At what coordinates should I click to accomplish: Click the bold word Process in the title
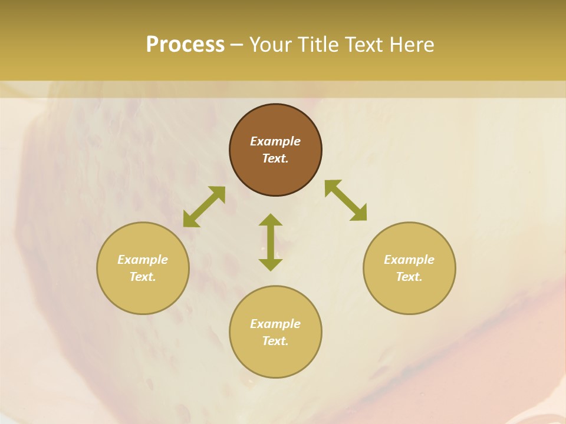pos(185,45)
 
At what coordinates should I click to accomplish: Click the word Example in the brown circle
pos(275,141)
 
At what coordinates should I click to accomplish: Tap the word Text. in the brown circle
pos(275,158)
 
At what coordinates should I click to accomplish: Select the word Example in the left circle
pos(143,260)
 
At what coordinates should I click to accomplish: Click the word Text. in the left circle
pos(143,277)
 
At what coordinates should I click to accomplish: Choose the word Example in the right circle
pos(409,260)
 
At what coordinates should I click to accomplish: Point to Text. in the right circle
pos(409,277)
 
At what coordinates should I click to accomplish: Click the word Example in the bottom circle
pos(275,324)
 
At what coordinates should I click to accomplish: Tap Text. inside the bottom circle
pos(275,341)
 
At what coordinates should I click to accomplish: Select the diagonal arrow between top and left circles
pos(204,207)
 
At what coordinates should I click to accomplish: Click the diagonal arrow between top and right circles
pos(345,200)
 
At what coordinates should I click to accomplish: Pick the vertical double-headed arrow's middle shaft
pos(271,242)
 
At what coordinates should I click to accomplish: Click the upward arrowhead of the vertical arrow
pos(271,220)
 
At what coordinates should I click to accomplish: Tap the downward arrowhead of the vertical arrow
pos(271,264)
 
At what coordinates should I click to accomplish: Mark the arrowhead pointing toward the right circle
pos(359,213)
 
